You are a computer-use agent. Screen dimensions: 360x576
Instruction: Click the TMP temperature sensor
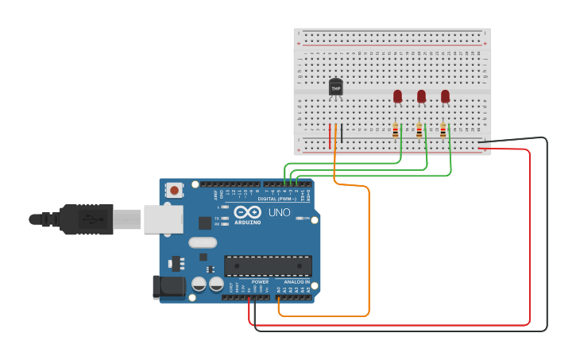coord(335,87)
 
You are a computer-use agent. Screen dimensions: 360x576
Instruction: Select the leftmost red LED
coord(397,96)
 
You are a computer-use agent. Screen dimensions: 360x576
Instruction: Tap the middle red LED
coord(421,96)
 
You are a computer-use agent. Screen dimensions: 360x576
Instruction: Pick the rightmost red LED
coord(445,96)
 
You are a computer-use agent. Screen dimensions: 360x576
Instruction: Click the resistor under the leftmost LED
coord(396,130)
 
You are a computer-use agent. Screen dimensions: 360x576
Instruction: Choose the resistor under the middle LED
coord(419,130)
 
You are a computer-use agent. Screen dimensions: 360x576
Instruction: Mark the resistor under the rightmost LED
coord(443,130)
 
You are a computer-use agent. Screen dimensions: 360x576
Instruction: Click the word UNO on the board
coord(279,213)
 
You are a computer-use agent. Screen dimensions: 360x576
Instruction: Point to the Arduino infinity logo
coord(248,213)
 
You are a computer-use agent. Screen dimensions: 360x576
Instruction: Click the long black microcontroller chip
coord(268,266)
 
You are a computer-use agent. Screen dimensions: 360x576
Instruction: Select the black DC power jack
coord(168,287)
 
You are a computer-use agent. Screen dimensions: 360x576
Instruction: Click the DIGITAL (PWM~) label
coord(277,199)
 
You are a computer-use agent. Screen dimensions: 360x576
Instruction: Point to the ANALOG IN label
coord(296,282)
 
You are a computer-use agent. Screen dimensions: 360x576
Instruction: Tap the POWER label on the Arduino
coord(260,282)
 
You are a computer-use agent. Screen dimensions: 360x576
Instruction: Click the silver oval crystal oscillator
coord(203,242)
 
